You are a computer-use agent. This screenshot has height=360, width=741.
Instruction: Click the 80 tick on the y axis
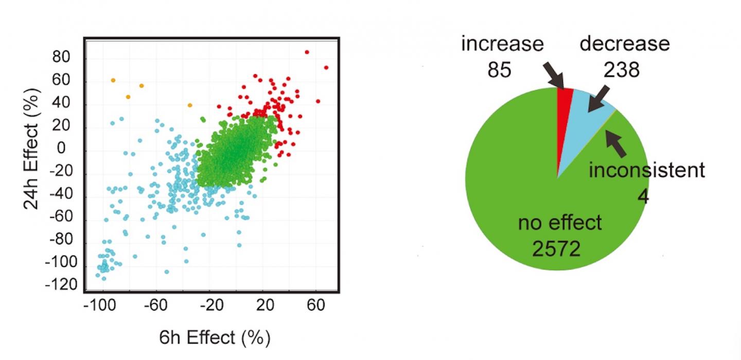point(62,58)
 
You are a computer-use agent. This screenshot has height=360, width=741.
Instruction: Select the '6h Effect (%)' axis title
point(215,338)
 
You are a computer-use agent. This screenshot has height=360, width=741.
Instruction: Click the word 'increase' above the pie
point(502,44)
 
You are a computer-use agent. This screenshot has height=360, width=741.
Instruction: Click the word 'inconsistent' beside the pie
point(646,170)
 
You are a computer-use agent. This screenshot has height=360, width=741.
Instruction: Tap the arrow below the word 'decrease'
point(600,98)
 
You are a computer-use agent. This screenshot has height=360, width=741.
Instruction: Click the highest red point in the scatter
point(307,52)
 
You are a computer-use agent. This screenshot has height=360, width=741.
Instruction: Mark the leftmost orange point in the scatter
point(113,80)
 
